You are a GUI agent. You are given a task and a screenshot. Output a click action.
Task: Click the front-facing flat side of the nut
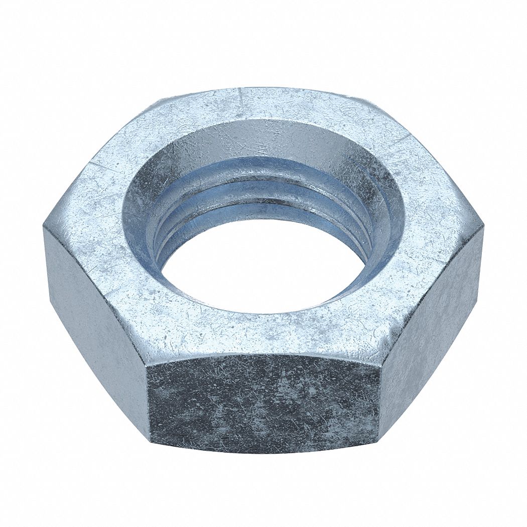point(263,402)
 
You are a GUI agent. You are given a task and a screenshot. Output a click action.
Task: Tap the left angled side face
point(95,311)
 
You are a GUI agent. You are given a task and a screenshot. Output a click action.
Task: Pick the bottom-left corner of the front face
point(151,442)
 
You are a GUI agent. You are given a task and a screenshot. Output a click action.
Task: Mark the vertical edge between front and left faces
point(148,402)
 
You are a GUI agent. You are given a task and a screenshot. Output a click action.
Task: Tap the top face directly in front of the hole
point(261,331)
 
